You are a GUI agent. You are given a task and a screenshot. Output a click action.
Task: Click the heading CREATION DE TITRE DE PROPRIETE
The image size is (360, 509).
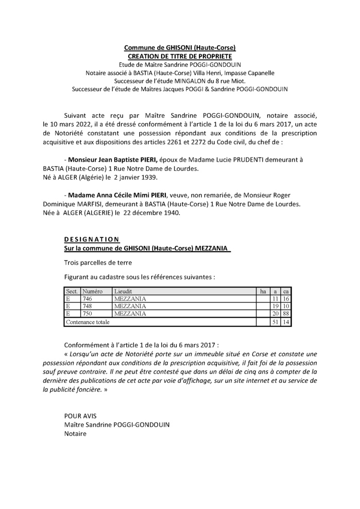pyautogui.click(x=180, y=56)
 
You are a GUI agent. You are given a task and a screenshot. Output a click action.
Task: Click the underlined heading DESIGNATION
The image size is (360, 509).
pyautogui.click(x=92, y=240)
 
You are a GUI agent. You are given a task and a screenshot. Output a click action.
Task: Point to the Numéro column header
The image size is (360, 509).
pyautogui.click(x=93, y=291)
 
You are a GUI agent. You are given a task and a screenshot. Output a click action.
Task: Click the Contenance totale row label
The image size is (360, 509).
pyautogui.click(x=87, y=322)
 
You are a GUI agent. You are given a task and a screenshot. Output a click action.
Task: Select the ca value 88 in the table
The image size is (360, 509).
pyautogui.click(x=287, y=313)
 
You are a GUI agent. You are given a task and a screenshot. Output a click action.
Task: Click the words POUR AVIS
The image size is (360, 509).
pyautogui.click(x=80, y=416)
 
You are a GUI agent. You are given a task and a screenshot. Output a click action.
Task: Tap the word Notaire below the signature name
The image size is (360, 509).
pyautogui.click(x=76, y=434)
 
